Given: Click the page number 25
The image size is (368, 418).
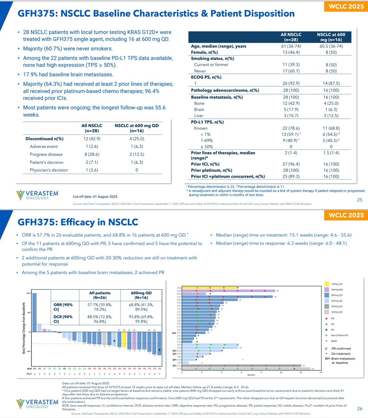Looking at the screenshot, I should [x=360, y=200].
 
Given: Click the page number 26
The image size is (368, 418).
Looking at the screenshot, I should [x=360, y=408].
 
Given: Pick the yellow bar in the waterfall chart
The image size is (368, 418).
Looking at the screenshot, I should [x=124, y=340].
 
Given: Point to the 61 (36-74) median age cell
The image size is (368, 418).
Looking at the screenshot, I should [x=291, y=46].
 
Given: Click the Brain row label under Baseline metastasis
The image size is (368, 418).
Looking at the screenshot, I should [x=199, y=109].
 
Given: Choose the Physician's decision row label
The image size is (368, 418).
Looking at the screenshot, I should [x=49, y=170].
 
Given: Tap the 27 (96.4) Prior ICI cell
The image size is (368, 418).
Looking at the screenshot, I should [x=291, y=164].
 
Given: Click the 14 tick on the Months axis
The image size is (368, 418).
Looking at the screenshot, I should [x=321, y=372].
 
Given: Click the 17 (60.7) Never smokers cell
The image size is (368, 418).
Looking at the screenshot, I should [x=291, y=71].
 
